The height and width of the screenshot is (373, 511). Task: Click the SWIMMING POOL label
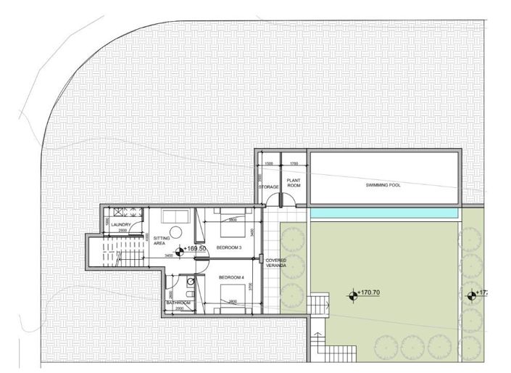click(383, 185)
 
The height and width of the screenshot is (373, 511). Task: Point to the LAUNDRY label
click(120, 225)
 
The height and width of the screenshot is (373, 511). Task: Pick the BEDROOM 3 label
click(228, 247)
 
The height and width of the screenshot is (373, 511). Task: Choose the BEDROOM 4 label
click(230, 276)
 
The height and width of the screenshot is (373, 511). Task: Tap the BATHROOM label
click(178, 303)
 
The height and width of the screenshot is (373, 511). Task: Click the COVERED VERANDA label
click(275, 263)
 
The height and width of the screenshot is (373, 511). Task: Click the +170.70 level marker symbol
click(353, 295)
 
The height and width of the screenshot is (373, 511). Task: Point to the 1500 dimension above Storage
click(268, 164)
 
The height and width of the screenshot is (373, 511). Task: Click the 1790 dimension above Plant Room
click(294, 164)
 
